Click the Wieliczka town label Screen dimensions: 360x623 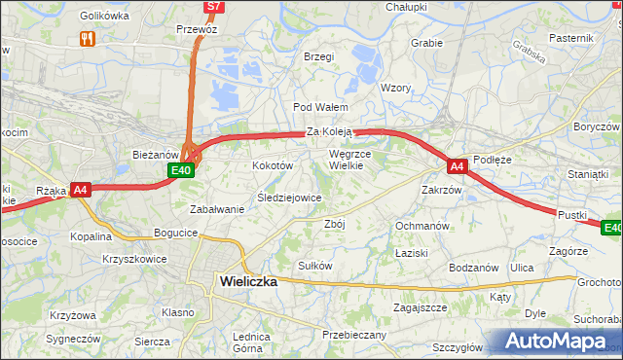(x=244, y=280)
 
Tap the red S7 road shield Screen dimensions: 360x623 (x=214, y=6)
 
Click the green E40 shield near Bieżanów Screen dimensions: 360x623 (x=181, y=170)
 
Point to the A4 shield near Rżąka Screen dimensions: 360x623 (x=81, y=190)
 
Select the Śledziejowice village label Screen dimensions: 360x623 (x=288, y=198)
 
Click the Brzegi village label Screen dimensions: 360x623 (x=318, y=56)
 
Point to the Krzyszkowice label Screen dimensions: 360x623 (x=134, y=260)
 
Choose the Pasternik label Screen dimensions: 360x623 (x=571, y=37)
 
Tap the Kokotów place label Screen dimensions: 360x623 (x=273, y=166)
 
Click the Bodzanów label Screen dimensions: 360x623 (x=474, y=268)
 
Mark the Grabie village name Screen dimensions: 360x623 (x=426, y=43)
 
